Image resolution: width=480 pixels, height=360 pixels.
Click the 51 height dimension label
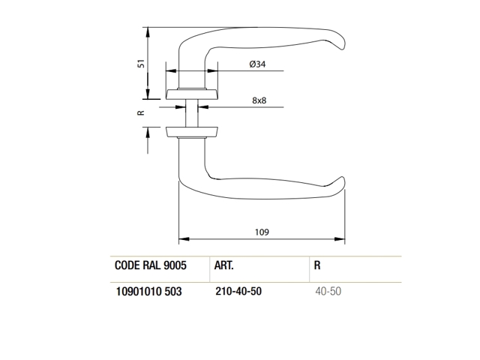[x=141, y=63]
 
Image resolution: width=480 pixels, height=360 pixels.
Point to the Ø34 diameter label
[x=257, y=64]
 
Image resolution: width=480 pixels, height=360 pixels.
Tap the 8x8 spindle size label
[x=259, y=100]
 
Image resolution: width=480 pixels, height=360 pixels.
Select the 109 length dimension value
[x=262, y=232]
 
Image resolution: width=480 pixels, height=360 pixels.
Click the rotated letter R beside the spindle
[x=141, y=112]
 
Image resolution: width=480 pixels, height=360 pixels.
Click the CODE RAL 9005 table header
[x=150, y=265]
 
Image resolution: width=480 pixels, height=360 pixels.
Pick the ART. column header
[x=223, y=265]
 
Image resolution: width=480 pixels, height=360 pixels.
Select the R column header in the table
[x=317, y=265]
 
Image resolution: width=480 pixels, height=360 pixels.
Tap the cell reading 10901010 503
[x=148, y=291]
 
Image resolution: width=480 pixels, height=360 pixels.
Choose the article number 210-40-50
[x=238, y=291]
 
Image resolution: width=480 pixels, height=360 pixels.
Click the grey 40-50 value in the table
[x=328, y=291]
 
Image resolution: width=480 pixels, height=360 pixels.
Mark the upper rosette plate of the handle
[x=192, y=94]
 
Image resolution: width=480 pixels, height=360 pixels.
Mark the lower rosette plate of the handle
[x=192, y=132]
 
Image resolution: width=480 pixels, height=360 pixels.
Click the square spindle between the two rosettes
[x=192, y=113]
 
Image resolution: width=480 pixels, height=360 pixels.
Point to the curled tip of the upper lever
[x=341, y=42]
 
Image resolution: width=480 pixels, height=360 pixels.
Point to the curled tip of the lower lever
[x=341, y=183]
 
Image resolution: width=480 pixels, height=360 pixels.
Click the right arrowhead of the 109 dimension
[x=340, y=239]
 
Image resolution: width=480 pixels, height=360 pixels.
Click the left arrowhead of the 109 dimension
[x=184, y=239]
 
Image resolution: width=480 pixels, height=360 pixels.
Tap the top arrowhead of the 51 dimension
[x=148, y=33]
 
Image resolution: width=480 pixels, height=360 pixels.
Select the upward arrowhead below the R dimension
[x=148, y=133]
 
